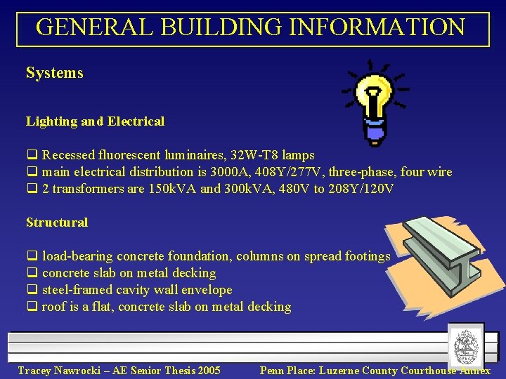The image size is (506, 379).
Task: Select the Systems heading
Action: [55, 73]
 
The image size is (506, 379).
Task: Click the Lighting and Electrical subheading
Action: [95, 121]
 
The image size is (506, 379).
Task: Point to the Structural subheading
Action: [57, 222]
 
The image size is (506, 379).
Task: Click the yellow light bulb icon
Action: [373, 95]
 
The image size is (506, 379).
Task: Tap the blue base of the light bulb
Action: [373, 130]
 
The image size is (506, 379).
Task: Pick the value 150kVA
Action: [173, 189]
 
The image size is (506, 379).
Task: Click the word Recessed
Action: [70, 155]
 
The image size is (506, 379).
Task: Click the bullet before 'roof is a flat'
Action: [31, 307]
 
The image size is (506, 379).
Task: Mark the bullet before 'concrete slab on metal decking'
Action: [31, 273]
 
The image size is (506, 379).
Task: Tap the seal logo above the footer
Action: [466, 346]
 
